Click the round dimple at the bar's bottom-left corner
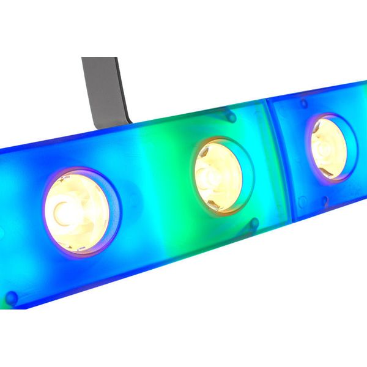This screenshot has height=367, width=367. point(11,298)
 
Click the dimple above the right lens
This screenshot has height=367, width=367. point(304,103)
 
